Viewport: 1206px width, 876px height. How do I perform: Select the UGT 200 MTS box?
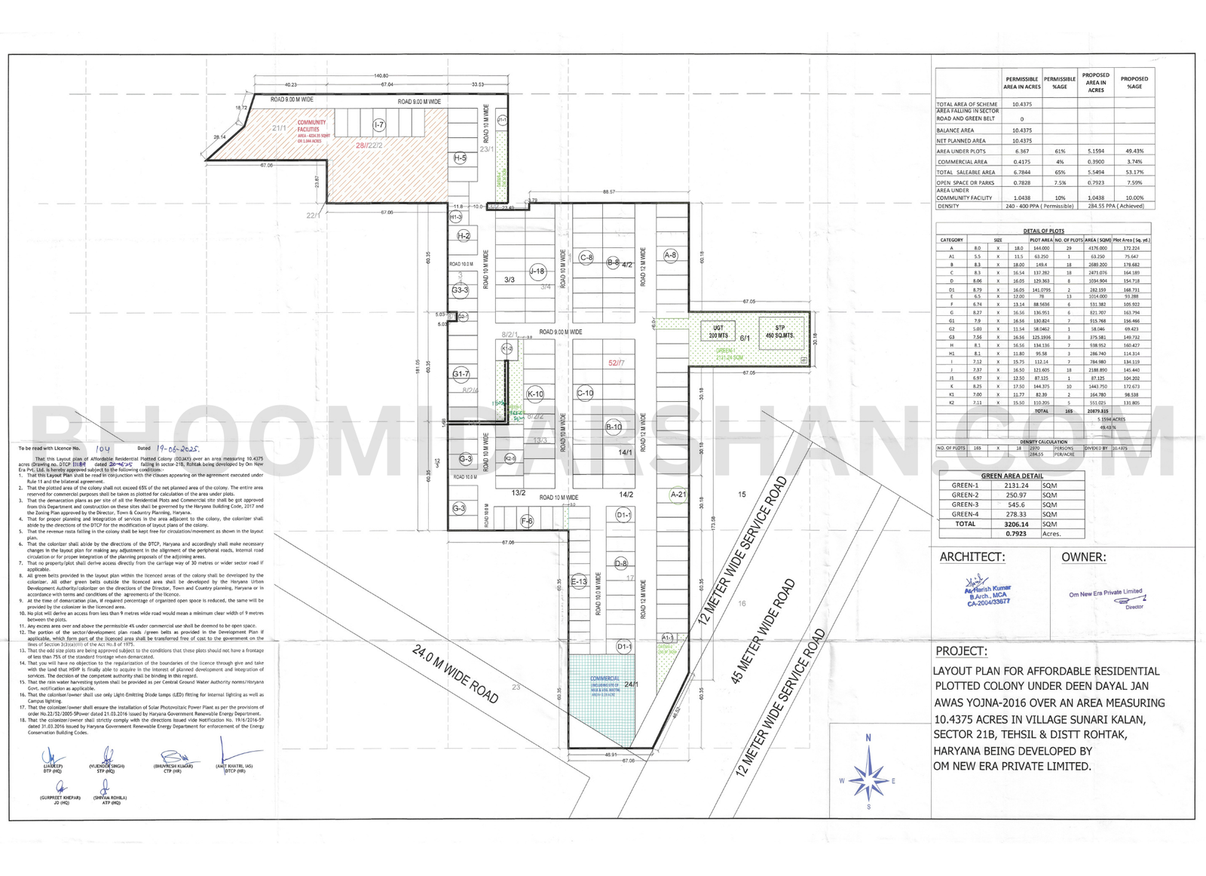[718, 332]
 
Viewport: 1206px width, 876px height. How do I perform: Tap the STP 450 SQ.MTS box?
[780, 332]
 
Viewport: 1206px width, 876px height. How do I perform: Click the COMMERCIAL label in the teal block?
[605, 678]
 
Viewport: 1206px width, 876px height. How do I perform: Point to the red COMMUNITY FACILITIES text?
[311, 126]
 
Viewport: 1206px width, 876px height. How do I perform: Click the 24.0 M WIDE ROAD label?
[455, 674]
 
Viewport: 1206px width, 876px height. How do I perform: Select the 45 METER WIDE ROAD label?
[764, 631]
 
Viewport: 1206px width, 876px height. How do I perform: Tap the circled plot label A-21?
[678, 495]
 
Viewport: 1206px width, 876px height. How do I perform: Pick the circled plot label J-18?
[537, 271]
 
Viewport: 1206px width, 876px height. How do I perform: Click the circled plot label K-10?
[535, 394]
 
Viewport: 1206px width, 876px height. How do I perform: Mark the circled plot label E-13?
[579, 581]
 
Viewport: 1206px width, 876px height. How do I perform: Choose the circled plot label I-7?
[379, 124]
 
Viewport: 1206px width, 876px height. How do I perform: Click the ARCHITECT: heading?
[972, 557]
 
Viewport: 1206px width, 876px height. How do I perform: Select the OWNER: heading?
[1083, 557]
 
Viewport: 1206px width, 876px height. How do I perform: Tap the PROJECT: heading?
[961, 651]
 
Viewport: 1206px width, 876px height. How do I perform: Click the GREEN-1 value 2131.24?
[1016, 485]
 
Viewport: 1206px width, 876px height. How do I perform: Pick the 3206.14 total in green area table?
[1016, 524]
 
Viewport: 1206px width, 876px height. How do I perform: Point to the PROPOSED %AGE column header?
[1134, 82]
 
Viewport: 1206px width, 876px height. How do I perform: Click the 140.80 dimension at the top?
[381, 75]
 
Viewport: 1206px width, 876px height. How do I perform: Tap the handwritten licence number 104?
[103, 449]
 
